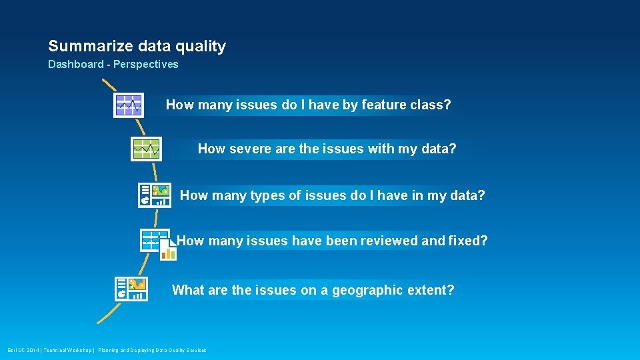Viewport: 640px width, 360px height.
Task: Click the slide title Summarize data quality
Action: click(x=137, y=46)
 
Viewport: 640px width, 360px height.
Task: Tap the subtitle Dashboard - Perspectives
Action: click(x=113, y=65)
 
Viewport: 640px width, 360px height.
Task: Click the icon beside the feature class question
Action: click(x=128, y=105)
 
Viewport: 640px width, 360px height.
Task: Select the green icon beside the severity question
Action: click(x=146, y=149)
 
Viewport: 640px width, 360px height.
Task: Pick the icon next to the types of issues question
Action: click(x=154, y=195)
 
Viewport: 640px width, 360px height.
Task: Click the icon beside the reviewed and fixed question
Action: click(x=157, y=242)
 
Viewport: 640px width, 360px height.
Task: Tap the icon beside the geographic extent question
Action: click(x=131, y=289)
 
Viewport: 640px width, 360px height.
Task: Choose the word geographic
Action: click(x=367, y=291)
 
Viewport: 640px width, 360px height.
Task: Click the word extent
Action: click(x=429, y=291)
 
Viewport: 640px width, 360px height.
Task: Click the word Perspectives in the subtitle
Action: click(x=146, y=65)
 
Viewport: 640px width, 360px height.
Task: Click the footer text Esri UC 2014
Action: click(x=23, y=350)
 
